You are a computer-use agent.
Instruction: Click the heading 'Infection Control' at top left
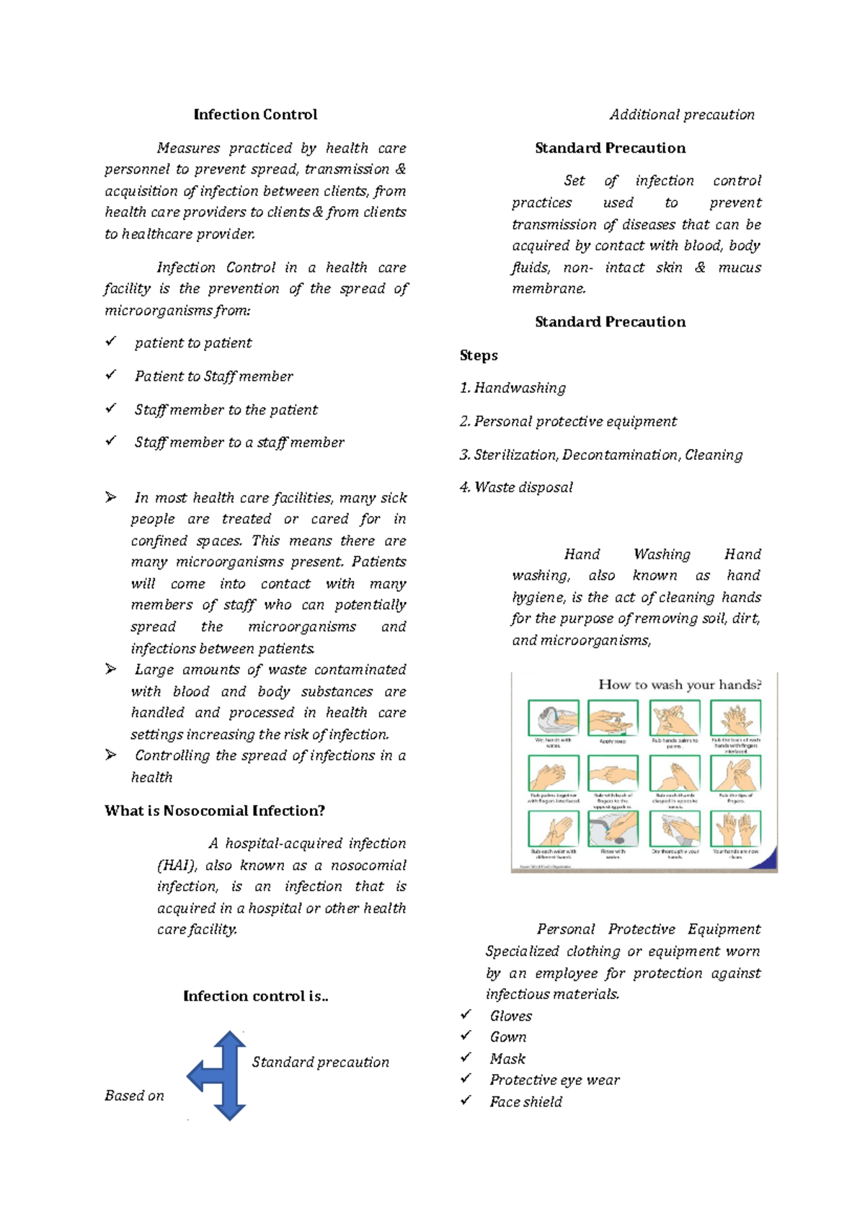pyautogui.click(x=255, y=115)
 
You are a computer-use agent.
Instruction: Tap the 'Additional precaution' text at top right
pyautogui.click(x=681, y=115)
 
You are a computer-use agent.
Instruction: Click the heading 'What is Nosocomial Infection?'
pyautogui.click(x=215, y=811)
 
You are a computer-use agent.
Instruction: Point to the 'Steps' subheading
pyautogui.click(x=479, y=355)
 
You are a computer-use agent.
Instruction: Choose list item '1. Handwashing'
pyautogui.click(x=513, y=388)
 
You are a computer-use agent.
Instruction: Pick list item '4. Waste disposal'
pyautogui.click(x=516, y=487)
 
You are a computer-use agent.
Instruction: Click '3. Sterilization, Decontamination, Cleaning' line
pyautogui.click(x=601, y=455)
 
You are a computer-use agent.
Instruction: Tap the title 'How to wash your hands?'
pyautogui.click(x=679, y=685)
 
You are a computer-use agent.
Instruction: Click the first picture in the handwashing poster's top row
pyautogui.click(x=553, y=718)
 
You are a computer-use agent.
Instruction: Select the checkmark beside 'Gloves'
pyautogui.click(x=466, y=1015)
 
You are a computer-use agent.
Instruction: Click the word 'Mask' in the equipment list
pyautogui.click(x=507, y=1059)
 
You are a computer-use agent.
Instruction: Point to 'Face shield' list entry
pyautogui.click(x=525, y=1101)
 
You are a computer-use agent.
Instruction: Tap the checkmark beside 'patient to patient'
pyautogui.click(x=111, y=342)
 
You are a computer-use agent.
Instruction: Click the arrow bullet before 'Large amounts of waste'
pyautogui.click(x=111, y=670)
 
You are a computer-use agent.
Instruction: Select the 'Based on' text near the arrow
pyautogui.click(x=134, y=1096)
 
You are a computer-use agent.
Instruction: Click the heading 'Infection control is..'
pyautogui.click(x=255, y=996)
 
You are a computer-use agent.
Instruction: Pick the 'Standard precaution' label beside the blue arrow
pyautogui.click(x=320, y=1063)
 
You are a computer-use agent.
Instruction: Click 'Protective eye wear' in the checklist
pyautogui.click(x=554, y=1080)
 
